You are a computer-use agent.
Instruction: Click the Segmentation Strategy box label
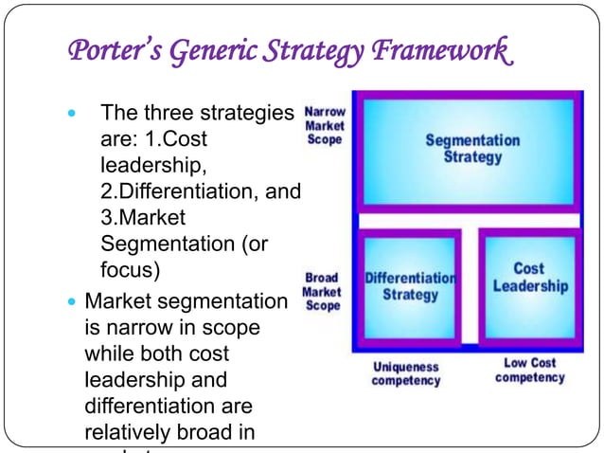click(x=471, y=148)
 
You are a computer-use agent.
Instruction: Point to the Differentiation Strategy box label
click(x=410, y=285)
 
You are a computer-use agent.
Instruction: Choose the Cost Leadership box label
click(x=529, y=277)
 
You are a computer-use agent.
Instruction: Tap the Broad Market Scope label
click(x=322, y=292)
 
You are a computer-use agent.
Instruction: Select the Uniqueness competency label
click(x=406, y=372)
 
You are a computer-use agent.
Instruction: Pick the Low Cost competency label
click(x=529, y=370)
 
